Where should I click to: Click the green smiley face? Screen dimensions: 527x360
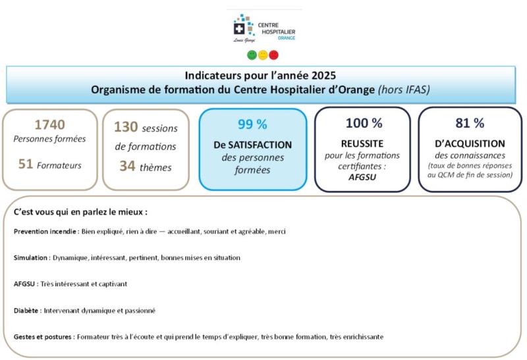[x=252, y=55]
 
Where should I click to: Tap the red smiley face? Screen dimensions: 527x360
[x=273, y=55]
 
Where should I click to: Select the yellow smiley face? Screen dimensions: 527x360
[x=263, y=55]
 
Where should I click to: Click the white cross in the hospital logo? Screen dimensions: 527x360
[x=239, y=29]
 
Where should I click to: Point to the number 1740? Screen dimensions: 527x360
[x=50, y=124]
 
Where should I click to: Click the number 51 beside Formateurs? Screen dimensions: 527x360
[x=26, y=164]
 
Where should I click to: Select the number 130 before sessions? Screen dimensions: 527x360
[x=126, y=127]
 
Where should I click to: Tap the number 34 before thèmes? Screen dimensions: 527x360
[x=127, y=166]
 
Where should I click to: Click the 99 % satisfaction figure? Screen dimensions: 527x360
[x=252, y=124]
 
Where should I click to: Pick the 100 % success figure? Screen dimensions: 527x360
[x=364, y=123]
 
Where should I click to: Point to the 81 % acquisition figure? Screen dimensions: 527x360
[x=470, y=123]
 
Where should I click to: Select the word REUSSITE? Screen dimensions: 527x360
[x=362, y=143]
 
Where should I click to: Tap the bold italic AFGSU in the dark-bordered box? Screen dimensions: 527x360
[x=362, y=177]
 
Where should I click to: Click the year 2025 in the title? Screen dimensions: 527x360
[x=323, y=75]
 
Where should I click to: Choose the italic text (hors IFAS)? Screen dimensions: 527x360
[x=404, y=90]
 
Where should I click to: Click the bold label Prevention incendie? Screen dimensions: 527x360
[x=45, y=232]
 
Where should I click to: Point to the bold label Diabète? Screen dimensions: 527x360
[x=26, y=311]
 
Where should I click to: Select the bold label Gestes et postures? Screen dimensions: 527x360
[x=43, y=337]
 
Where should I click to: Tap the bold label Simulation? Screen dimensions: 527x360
[x=30, y=257]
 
